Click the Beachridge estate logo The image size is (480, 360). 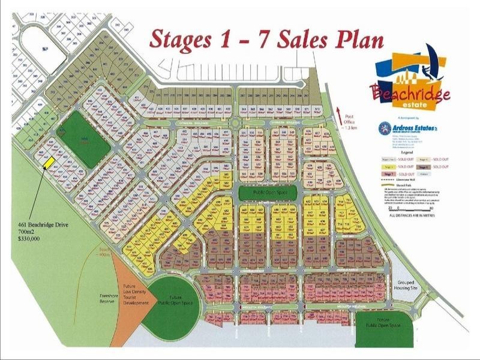point(410,83)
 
